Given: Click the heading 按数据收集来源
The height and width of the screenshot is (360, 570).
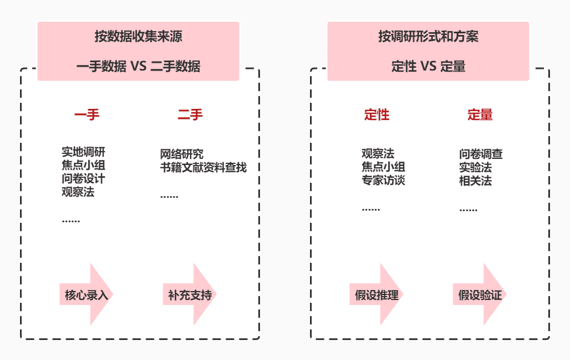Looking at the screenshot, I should [x=138, y=37].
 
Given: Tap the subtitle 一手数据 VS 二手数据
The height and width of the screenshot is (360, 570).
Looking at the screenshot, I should [x=138, y=67].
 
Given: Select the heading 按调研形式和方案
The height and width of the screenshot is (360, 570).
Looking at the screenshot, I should [x=428, y=37].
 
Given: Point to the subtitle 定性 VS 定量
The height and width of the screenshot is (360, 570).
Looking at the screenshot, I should [x=428, y=67].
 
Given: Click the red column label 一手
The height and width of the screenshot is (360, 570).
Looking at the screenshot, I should [x=87, y=115].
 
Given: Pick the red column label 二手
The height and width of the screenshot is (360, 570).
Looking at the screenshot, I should [x=190, y=115].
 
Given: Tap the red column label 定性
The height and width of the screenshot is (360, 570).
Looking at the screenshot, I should [x=377, y=115].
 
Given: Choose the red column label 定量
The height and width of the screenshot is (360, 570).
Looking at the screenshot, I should [x=480, y=115].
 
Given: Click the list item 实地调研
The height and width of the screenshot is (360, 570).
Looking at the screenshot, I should [x=83, y=152].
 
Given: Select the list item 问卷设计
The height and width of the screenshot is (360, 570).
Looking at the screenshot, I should [x=83, y=179].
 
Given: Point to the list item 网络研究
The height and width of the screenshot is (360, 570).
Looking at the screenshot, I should [x=182, y=154].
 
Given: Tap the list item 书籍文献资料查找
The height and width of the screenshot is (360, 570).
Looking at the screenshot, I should [x=203, y=167].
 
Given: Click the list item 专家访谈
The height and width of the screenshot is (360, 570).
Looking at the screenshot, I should [x=383, y=181].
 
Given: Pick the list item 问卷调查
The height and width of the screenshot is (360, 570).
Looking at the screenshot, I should [x=481, y=154].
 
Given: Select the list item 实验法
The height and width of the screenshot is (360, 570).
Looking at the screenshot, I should [x=476, y=167].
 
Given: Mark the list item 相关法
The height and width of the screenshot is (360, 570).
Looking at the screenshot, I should [x=476, y=181].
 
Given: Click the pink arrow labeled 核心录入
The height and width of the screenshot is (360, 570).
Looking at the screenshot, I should [x=87, y=294].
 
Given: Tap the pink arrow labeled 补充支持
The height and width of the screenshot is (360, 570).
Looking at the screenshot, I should [x=191, y=294].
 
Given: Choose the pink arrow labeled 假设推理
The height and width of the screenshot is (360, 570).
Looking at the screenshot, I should [x=377, y=294].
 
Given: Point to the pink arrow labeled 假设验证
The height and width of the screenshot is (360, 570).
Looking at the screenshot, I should [x=481, y=294].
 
